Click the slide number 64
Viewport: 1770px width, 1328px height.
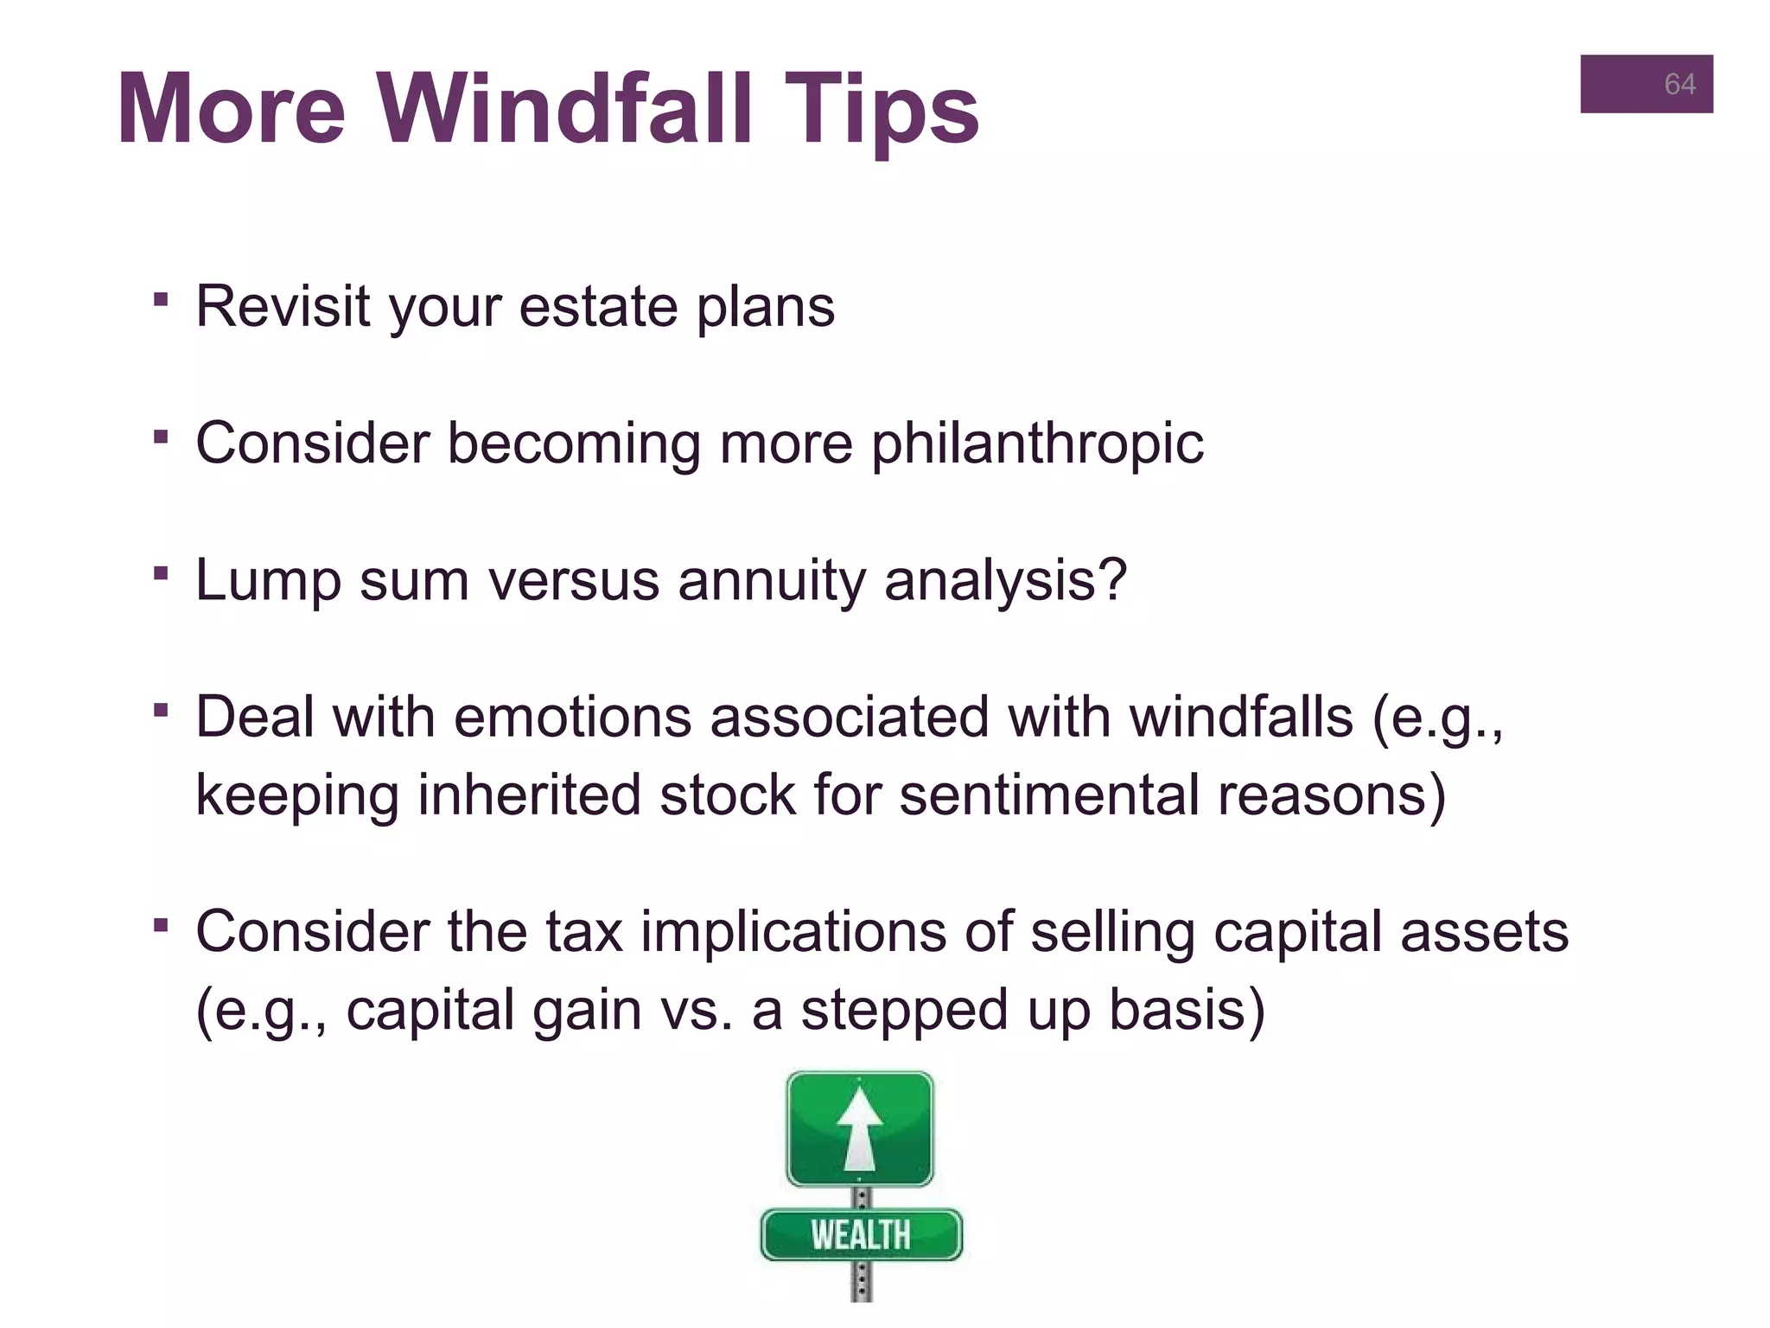[1679, 84]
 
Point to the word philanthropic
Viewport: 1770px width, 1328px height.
[1036, 444]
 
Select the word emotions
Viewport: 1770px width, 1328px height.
[572, 718]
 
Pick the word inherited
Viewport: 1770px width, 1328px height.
[529, 795]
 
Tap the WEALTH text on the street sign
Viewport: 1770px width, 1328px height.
[861, 1235]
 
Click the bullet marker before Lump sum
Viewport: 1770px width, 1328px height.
[160, 573]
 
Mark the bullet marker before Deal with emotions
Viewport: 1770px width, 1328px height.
[160, 711]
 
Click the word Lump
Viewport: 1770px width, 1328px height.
[268, 580]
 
